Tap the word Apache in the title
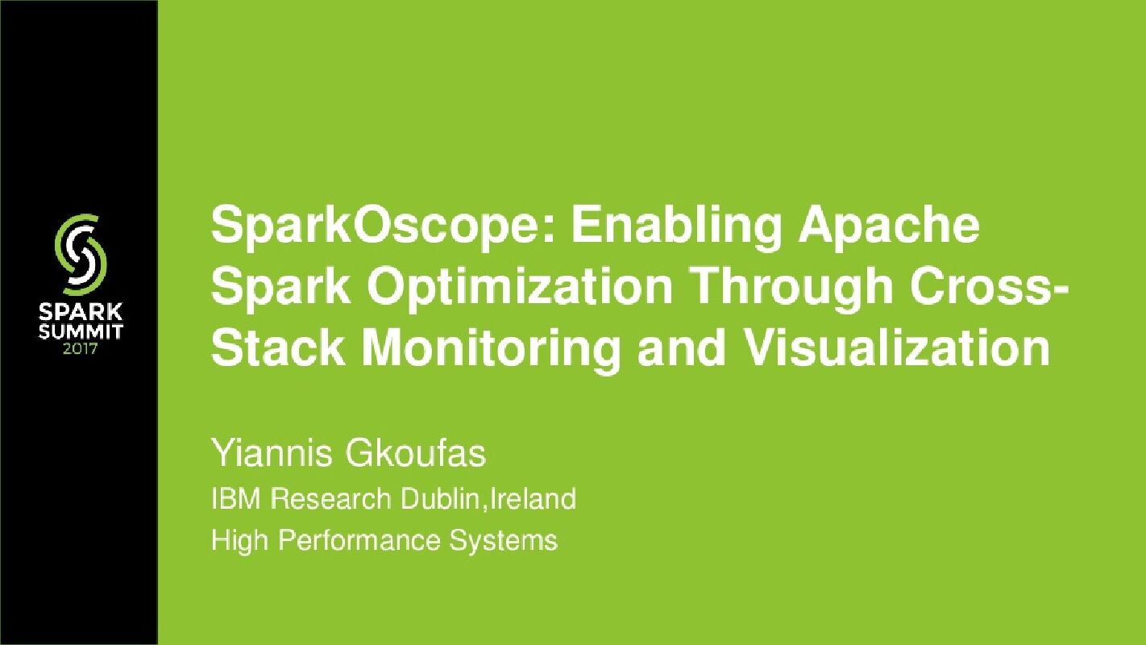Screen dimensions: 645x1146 click(888, 227)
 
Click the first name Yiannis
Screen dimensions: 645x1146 click(271, 455)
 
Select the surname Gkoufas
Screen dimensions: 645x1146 click(416, 455)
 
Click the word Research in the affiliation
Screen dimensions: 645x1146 click(330, 499)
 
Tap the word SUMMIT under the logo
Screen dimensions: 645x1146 click(79, 331)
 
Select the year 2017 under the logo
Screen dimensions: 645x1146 click(79, 349)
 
